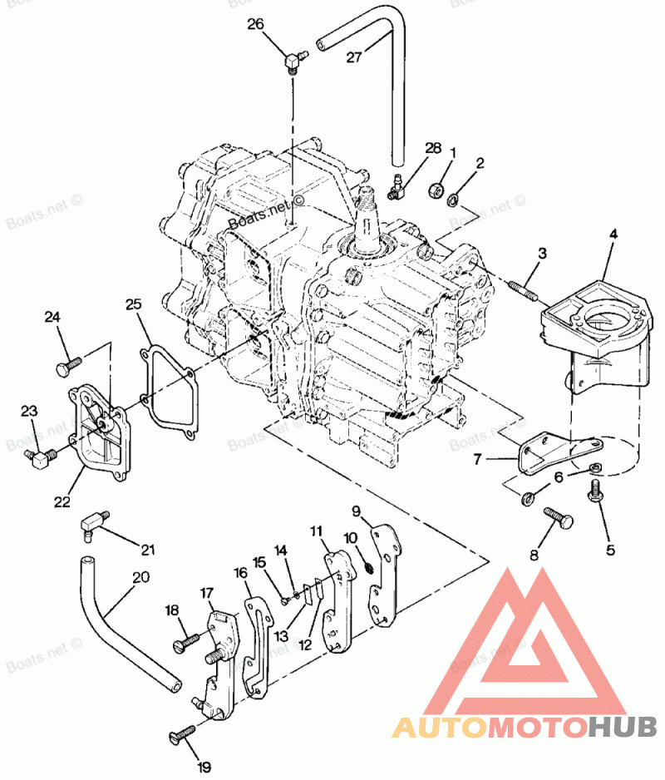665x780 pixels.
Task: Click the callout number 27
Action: pyautogui.click(x=355, y=57)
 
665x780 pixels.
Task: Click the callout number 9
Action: pyautogui.click(x=355, y=510)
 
